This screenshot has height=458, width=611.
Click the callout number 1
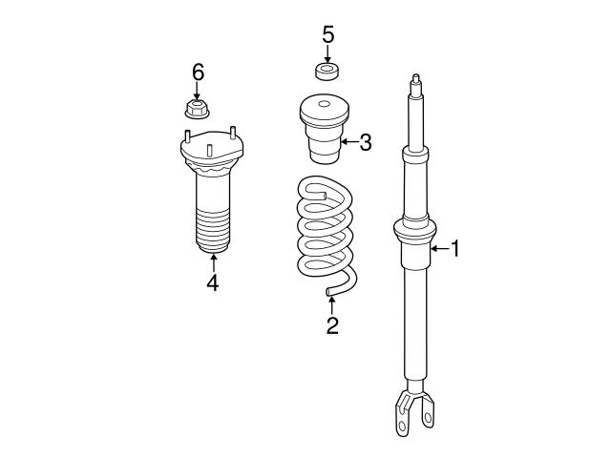455,249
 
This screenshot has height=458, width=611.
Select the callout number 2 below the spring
331,325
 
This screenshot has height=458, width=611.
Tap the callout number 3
366,143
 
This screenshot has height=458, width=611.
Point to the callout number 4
212,283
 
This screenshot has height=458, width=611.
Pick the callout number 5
327,35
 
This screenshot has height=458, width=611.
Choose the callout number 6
198,73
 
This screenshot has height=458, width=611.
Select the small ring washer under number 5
327,71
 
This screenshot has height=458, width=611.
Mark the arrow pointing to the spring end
331,303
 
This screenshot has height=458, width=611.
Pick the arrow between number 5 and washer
327,53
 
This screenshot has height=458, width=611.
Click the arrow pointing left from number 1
439,249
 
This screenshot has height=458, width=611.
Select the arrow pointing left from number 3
349,143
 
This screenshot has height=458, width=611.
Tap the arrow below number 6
198,91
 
